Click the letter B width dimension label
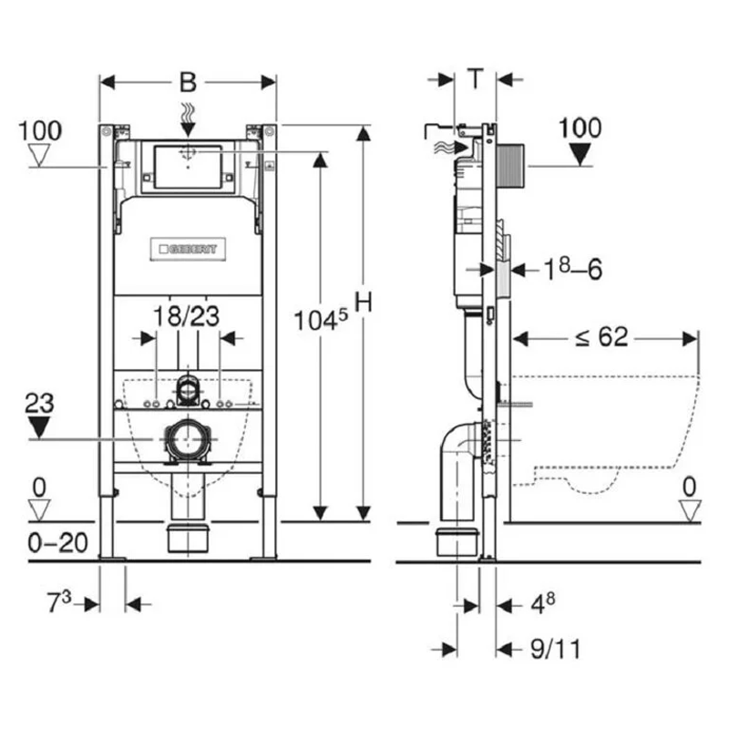coord(188,82)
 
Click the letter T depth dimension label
coord(475,78)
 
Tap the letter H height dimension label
coord(364,303)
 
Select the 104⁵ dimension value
coord(321,321)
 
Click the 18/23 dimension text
coord(186,316)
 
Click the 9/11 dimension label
coord(556,649)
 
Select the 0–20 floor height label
coord(57,542)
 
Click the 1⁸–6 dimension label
coord(573,269)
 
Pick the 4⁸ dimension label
coord(543,604)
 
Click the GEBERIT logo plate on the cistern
coord(188,249)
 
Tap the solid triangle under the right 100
coord(580,154)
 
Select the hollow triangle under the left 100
coord(39,155)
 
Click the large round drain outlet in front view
coord(188,439)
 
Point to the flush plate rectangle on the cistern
coord(188,168)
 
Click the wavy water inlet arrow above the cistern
coord(188,120)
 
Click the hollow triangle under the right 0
coord(690,510)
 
